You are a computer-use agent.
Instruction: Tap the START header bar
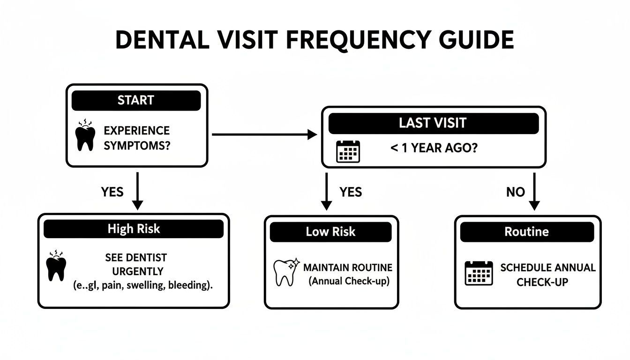(136, 100)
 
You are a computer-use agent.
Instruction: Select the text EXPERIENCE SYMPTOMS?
(137, 138)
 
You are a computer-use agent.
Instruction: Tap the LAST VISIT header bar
(433, 123)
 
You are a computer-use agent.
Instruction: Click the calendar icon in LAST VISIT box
(348, 151)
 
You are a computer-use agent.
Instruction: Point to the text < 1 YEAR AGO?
(434, 148)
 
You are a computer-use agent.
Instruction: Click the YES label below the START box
(112, 192)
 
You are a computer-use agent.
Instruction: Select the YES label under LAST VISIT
(350, 192)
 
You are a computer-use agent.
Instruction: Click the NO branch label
(515, 192)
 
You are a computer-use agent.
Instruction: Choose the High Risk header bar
(134, 229)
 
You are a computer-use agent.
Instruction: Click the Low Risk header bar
(330, 232)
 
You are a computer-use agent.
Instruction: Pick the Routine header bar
(526, 232)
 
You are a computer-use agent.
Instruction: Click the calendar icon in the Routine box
(479, 273)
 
